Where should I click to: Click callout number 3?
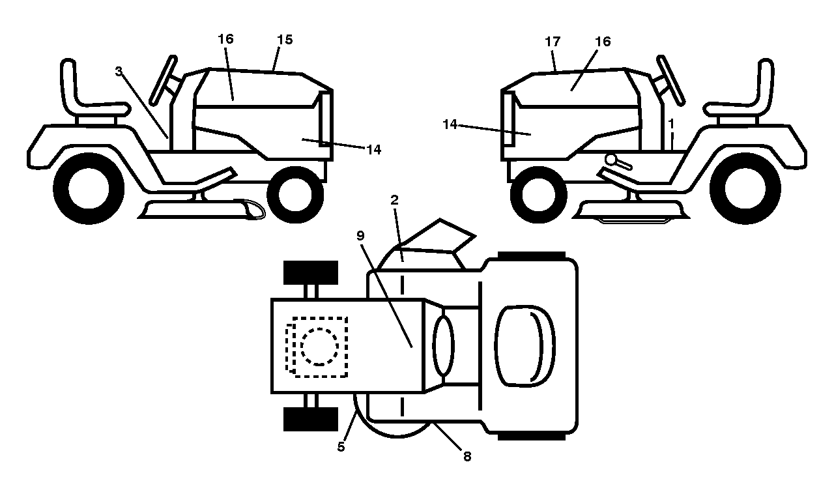coord(119,71)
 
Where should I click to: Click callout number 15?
coord(285,40)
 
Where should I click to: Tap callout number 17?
coord(553,42)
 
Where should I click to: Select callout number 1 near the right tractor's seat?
coord(671,124)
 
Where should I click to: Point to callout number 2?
coord(395,200)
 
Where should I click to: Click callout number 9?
coord(360,235)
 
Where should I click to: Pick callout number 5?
coord(341,447)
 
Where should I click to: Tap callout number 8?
coord(467,456)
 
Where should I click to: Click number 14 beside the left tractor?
coord(374,150)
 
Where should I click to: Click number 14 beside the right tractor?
coord(450,124)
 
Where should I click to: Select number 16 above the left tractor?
coord(225,38)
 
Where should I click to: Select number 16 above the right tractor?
coord(603,41)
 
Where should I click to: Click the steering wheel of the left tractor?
coord(163,80)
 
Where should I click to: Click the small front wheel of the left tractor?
coord(295,195)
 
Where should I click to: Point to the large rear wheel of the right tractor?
coord(745,188)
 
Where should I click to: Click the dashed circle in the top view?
coord(319,347)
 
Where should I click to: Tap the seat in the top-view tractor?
coord(525,346)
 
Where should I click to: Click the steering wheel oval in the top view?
coord(443,345)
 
